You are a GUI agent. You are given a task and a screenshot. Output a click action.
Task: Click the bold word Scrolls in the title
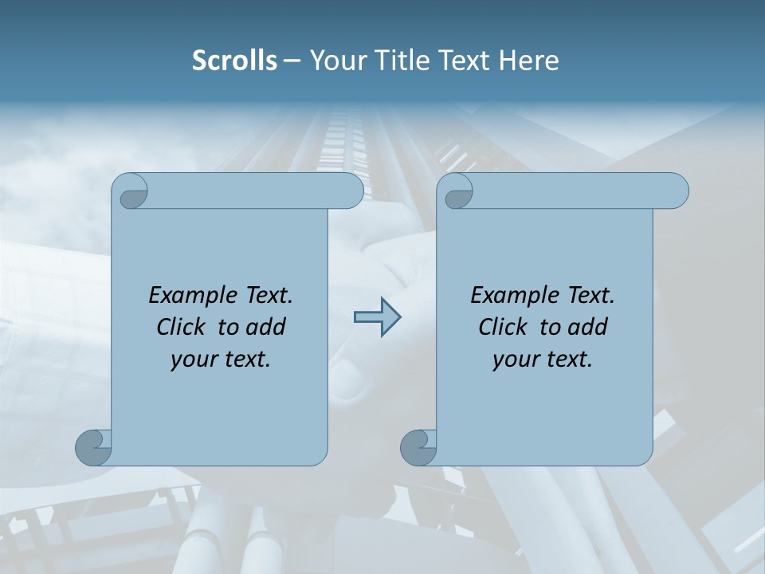pos(234,61)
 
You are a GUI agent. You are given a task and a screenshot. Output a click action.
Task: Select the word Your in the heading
pos(335,61)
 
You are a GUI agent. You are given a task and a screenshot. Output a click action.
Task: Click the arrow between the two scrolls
pos(377,317)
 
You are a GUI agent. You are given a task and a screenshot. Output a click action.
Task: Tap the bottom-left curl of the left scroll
pos(93,447)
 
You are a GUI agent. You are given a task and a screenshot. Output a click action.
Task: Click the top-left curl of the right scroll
pos(457,192)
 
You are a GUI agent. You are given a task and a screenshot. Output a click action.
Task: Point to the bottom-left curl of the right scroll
pos(418,447)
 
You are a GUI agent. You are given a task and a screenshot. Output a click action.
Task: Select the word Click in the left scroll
pos(180,328)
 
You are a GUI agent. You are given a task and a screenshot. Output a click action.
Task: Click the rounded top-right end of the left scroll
pos(351,191)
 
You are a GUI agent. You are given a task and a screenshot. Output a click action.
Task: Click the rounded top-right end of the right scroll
pos(677,191)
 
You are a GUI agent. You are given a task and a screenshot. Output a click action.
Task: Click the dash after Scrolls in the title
pos(292,61)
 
